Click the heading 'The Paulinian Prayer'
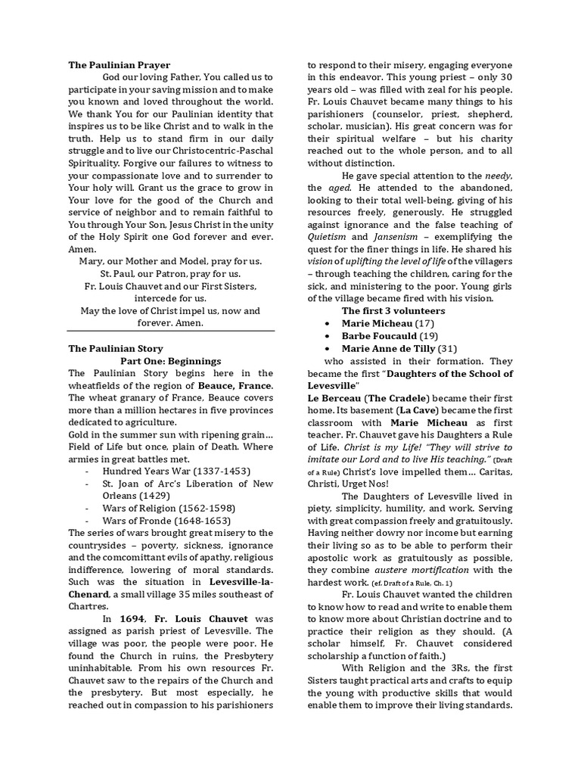(x=120, y=65)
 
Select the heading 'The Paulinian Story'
(x=116, y=349)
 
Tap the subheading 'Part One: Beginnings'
(x=171, y=361)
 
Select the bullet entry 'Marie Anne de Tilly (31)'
(x=400, y=348)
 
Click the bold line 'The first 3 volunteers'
(x=393, y=310)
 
